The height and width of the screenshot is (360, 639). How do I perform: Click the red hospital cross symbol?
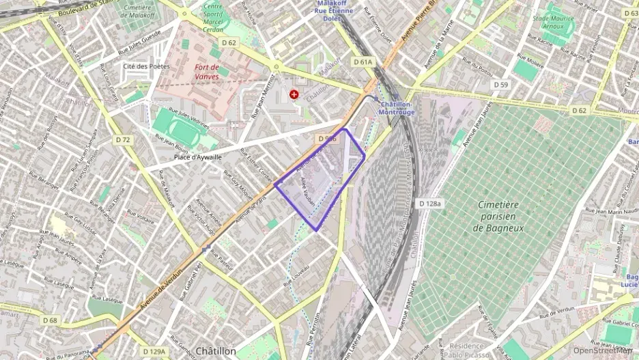pos(294,94)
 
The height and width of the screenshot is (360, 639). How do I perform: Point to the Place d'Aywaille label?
pos(197,156)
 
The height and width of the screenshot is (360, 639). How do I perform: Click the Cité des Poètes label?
pos(145,66)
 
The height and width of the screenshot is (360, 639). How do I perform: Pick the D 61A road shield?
pos(363,61)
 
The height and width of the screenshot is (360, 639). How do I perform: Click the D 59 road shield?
pos(501,85)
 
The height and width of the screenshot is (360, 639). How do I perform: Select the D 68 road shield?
pos(50,320)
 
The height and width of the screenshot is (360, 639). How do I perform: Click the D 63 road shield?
pos(631,13)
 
